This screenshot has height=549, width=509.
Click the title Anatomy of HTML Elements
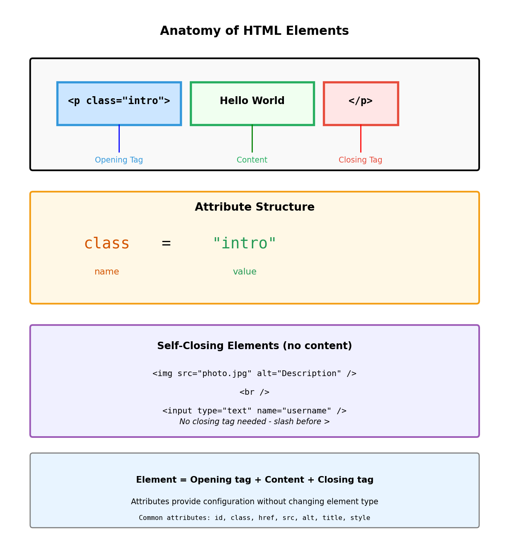tap(254, 31)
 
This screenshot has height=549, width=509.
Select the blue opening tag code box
tap(119, 103)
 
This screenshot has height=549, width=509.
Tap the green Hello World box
tap(252, 103)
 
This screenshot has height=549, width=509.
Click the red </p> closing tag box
tap(361, 103)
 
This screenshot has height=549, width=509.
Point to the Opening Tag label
tap(119, 160)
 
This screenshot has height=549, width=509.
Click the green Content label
tap(252, 160)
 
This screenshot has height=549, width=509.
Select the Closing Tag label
tap(360, 160)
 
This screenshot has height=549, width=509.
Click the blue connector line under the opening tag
tap(119, 138)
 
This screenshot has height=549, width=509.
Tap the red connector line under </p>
tap(361, 138)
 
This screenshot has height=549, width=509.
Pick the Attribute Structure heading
tap(254, 207)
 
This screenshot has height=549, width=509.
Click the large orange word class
tap(107, 243)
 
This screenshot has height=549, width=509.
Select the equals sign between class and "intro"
tap(166, 243)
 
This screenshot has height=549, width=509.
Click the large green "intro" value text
tap(245, 243)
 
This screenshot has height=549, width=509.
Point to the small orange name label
tap(107, 272)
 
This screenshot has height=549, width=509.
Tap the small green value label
tap(245, 272)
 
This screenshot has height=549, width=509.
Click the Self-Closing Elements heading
tap(254, 346)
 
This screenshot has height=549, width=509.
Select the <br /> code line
tap(254, 392)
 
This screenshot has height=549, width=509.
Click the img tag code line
tap(254, 374)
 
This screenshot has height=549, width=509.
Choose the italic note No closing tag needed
tap(254, 422)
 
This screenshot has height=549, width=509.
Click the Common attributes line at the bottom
tap(254, 518)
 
